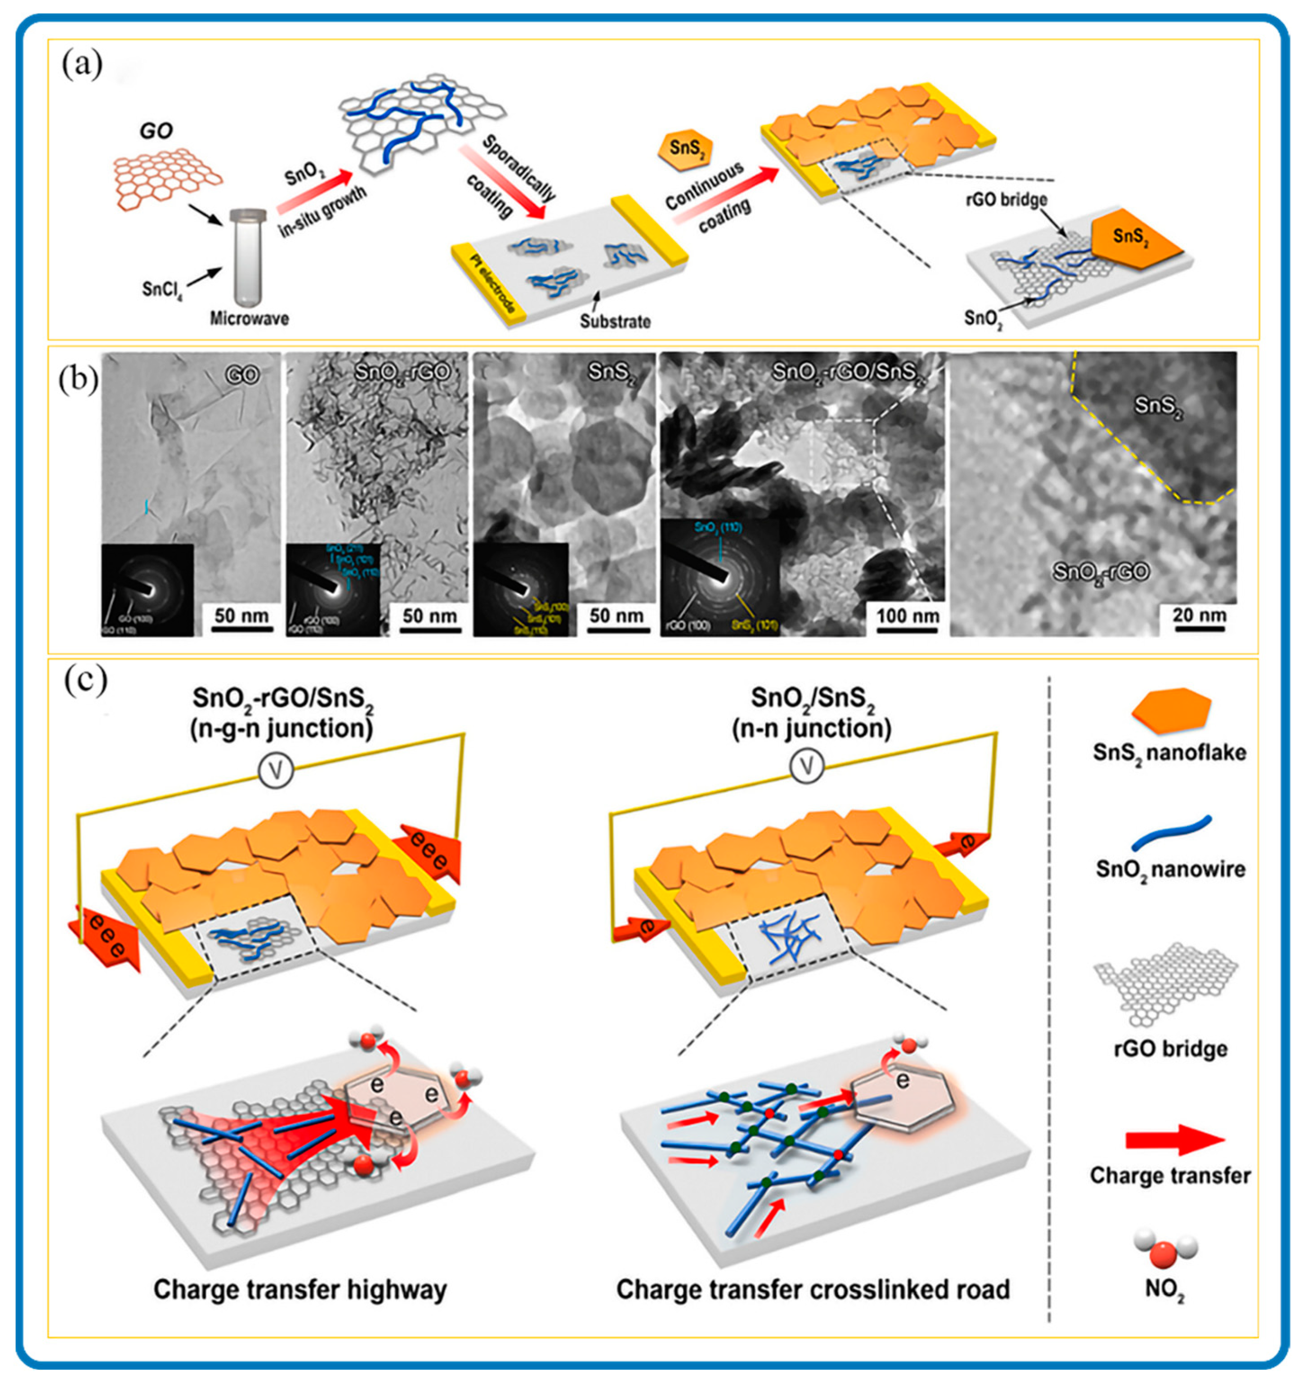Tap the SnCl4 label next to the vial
click(x=162, y=287)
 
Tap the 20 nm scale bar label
click(x=1199, y=615)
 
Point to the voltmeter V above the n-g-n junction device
click(x=276, y=772)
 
